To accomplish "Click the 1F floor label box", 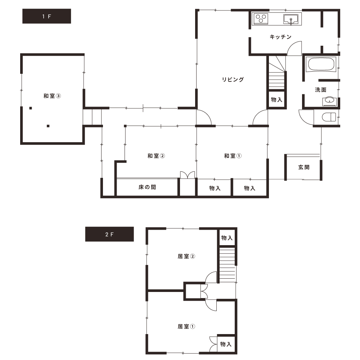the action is [46, 16].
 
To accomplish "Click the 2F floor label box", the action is [109, 234].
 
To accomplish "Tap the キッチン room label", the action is [280, 37].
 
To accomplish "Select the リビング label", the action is [233, 80].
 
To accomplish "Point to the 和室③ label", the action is [52, 96].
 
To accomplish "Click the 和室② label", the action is [156, 156].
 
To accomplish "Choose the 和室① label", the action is [233, 156].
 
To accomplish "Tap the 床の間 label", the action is [147, 187].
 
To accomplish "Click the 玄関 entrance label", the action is [304, 167].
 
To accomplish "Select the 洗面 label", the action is [320, 90].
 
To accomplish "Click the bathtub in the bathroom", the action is [321, 64].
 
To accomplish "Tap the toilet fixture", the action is [329, 117].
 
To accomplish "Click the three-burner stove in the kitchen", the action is [261, 19].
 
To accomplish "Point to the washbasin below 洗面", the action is [329, 101].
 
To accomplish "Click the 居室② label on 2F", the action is [186, 256].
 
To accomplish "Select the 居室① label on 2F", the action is [186, 326].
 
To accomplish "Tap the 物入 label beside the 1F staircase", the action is [276, 99].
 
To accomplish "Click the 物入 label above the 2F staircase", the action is [227, 238].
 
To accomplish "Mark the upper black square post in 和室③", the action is [31, 108].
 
